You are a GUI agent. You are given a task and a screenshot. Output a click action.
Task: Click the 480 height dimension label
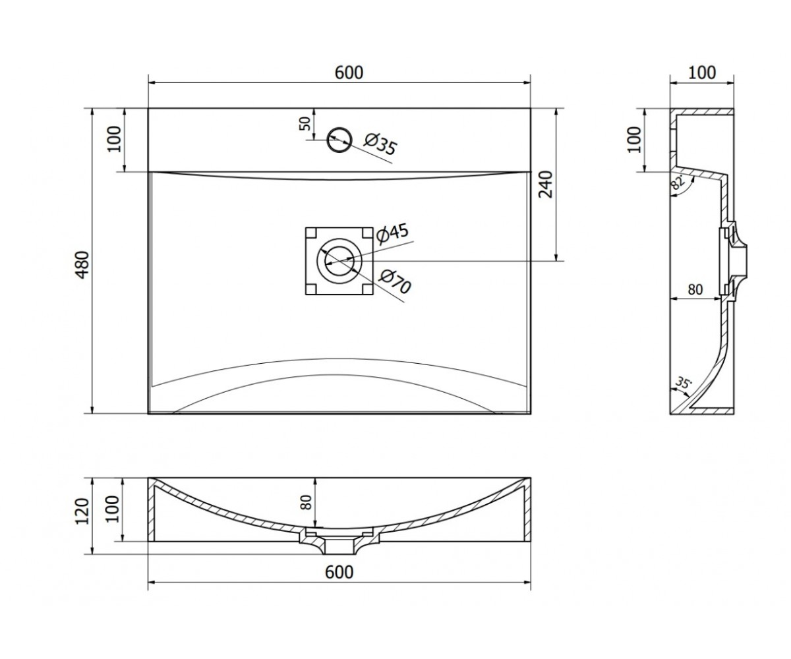coord(83,265)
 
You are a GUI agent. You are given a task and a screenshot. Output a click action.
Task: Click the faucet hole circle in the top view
coord(339,140)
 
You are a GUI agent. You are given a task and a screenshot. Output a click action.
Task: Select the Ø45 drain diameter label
coord(392,234)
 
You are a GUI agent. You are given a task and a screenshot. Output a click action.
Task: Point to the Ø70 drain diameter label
coord(395,282)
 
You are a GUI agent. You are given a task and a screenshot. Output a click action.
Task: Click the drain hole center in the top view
coord(339,261)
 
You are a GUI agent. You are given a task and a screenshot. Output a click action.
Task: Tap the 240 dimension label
coord(546,185)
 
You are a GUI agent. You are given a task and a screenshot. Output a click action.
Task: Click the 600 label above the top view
coord(349,72)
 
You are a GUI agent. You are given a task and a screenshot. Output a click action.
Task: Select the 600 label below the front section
coord(339,571)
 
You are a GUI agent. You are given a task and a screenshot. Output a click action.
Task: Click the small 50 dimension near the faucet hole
coord(305,123)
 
